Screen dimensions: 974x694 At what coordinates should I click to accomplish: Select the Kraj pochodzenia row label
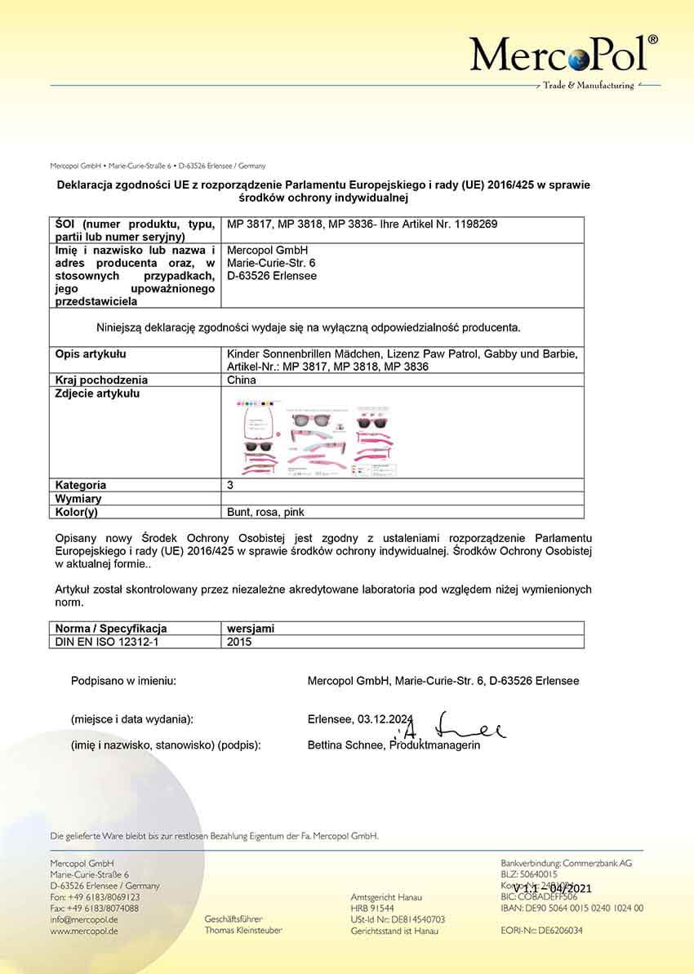click(x=101, y=380)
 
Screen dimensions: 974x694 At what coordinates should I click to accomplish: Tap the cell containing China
click(x=242, y=380)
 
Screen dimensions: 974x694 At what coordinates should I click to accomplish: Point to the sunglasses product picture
click(x=318, y=436)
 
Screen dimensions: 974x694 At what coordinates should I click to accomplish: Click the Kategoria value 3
click(x=230, y=485)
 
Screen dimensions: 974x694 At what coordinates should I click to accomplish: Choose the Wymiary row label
click(x=78, y=498)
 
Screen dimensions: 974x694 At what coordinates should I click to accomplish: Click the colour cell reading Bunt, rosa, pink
click(x=265, y=512)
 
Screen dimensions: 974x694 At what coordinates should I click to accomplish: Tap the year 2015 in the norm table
click(x=239, y=642)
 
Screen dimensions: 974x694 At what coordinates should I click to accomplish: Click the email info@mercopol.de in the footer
click(x=84, y=919)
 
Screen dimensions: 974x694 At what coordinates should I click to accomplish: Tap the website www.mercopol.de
click(x=84, y=931)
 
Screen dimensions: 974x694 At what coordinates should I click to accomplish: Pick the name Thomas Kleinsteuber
click(x=243, y=931)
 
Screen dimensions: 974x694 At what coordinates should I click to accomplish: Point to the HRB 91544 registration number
click(x=371, y=908)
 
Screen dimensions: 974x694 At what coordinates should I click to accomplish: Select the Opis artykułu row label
click(x=91, y=354)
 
